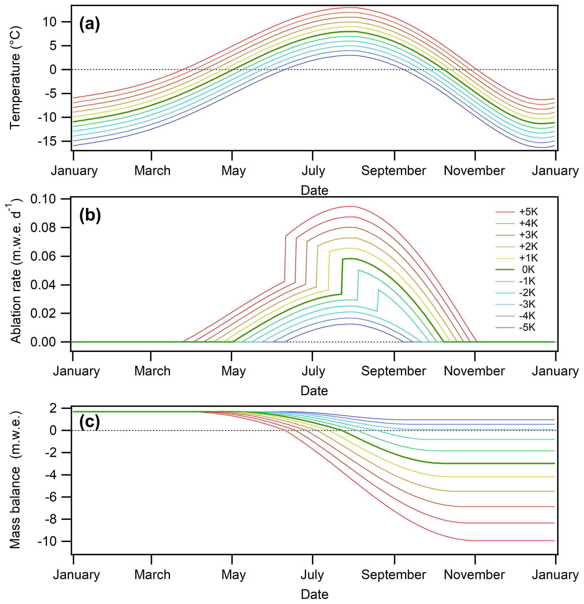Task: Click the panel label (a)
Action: [90, 24]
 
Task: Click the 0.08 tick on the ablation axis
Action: [44, 228]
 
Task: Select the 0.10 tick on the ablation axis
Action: [44, 199]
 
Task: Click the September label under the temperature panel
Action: [393, 170]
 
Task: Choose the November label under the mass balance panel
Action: [474, 575]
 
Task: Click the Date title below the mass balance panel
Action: [314, 594]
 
